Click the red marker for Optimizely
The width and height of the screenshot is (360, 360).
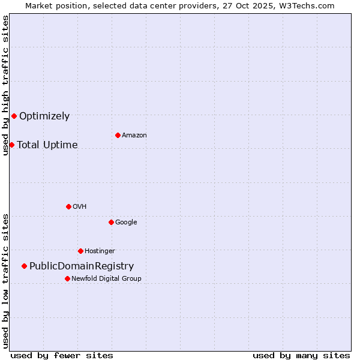click(x=14, y=116)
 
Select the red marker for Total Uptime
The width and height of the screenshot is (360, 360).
click(x=11, y=145)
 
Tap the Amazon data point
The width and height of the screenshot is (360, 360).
click(x=118, y=135)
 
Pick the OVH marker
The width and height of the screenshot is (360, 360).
click(x=68, y=206)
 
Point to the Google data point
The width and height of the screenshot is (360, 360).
click(x=111, y=222)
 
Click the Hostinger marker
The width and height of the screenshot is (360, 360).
click(x=80, y=251)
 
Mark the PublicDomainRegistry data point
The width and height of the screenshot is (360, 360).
click(x=24, y=266)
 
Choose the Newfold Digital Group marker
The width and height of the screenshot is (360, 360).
click(x=67, y=278)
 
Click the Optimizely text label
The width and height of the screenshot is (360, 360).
click(x=44, y=116)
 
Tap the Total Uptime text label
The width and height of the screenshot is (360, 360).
click(x=47, y=145)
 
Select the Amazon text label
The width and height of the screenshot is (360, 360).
click(x=134, y=136)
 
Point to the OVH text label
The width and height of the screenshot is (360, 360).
click(x=80, y=207)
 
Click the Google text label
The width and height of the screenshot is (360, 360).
click(x=126, y=223)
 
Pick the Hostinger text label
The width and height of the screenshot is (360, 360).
click(x=100, y=251)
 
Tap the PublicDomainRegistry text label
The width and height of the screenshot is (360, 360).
click(x=82, y=266)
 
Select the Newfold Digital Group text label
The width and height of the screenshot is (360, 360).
click(x=106, y=279)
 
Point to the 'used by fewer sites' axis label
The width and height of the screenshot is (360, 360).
click(x=62, y=355)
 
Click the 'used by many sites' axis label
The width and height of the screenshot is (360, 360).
click(x=301, y=355)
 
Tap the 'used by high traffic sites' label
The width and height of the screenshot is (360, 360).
click(x=5, y=85)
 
